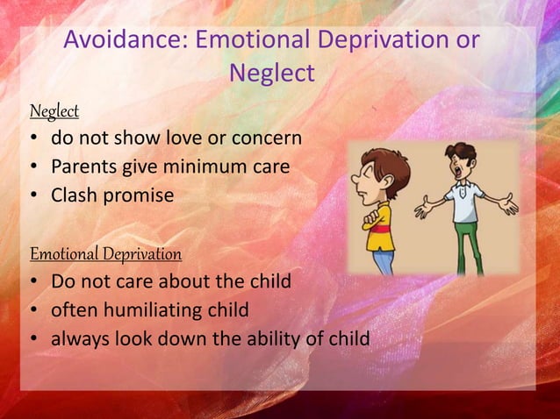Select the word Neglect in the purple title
coord(271,74)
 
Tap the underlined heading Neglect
coord(54,111)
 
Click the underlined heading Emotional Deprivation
coord(106,254)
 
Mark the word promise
coord(139,194)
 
